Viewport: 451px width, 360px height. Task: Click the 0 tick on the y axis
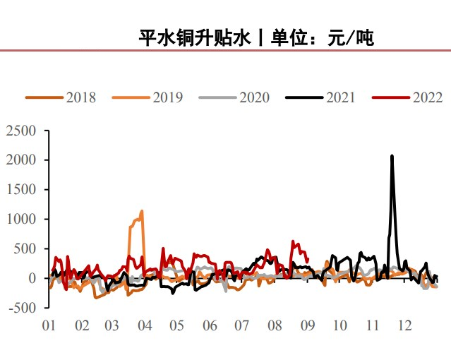(32, 278)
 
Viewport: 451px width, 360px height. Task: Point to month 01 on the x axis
(49, 325)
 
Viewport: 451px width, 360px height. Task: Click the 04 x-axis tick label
(145, 325)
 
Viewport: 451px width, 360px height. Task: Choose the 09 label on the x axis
(307, 325)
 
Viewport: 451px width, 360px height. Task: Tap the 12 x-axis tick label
(404, 325)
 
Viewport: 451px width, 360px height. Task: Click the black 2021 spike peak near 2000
(392, 156)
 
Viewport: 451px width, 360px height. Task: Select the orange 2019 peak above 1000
(143, 210)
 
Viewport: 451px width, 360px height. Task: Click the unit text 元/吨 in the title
(351, 37)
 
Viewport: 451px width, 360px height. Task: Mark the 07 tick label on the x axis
(242, 325)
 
